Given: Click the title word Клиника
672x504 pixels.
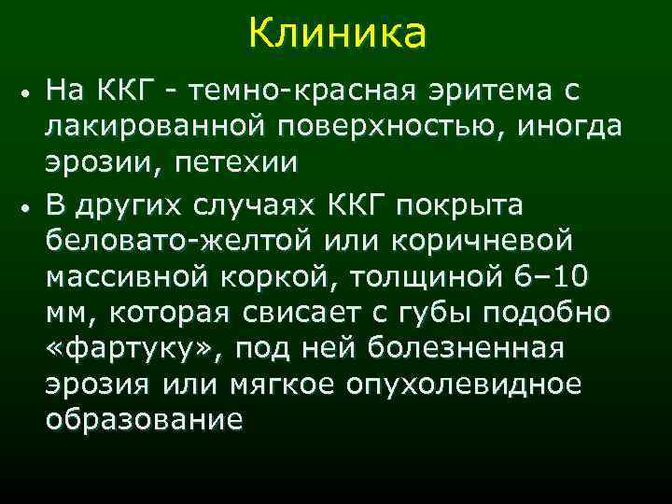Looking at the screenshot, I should coord(337,35).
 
